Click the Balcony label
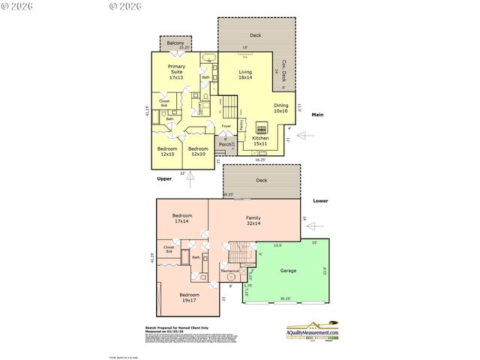pyautogui.click(x=175, y=43)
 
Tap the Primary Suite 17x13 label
pyautogui.click(x=176, y=72)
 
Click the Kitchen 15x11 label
pyautogui.click(x=260, y=141)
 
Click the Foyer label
pyautogui.click(x=226, y=126)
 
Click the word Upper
pyautogui.click(x=165, y=179)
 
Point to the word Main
pyautogui.click(x=317, y=115)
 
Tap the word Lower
pyautogui.click(x=319, y=201)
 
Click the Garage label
pyautogui.click(x=288, y=270)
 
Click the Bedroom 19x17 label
pyautogui.click(x=189, y=297)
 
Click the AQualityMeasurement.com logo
pyautogui.click(x=313, y=332)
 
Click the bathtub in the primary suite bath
pyautogui.click(x=208, y=58)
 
